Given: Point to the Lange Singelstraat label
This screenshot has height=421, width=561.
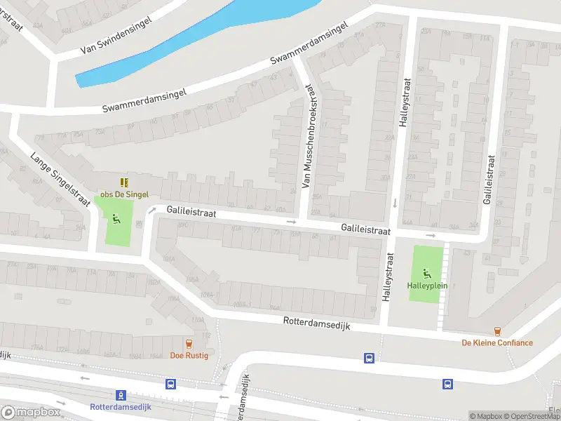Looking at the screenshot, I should pos(60,178).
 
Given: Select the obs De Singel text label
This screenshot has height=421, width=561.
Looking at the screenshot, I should pos(125,194).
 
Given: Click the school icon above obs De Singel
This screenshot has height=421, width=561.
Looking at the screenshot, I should pos(125,182).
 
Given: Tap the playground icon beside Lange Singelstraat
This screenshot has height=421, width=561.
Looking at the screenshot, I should pos(114,218).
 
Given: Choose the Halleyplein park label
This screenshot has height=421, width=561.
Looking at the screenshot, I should pos(427,286).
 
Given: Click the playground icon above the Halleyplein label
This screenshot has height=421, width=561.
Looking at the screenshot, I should pos(427,273).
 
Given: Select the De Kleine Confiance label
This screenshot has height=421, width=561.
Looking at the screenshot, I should pos(496,343).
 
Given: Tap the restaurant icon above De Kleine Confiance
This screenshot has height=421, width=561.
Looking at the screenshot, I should pos(497,331).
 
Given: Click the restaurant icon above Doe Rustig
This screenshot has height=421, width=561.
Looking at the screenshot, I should pos(188,343).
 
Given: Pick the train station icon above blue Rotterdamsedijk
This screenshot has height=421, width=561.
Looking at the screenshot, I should pos(121,395).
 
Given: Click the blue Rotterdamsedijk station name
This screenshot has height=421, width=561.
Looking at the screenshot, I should pos(121,407).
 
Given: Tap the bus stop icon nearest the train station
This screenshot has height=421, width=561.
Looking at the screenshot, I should pos(170,385).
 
